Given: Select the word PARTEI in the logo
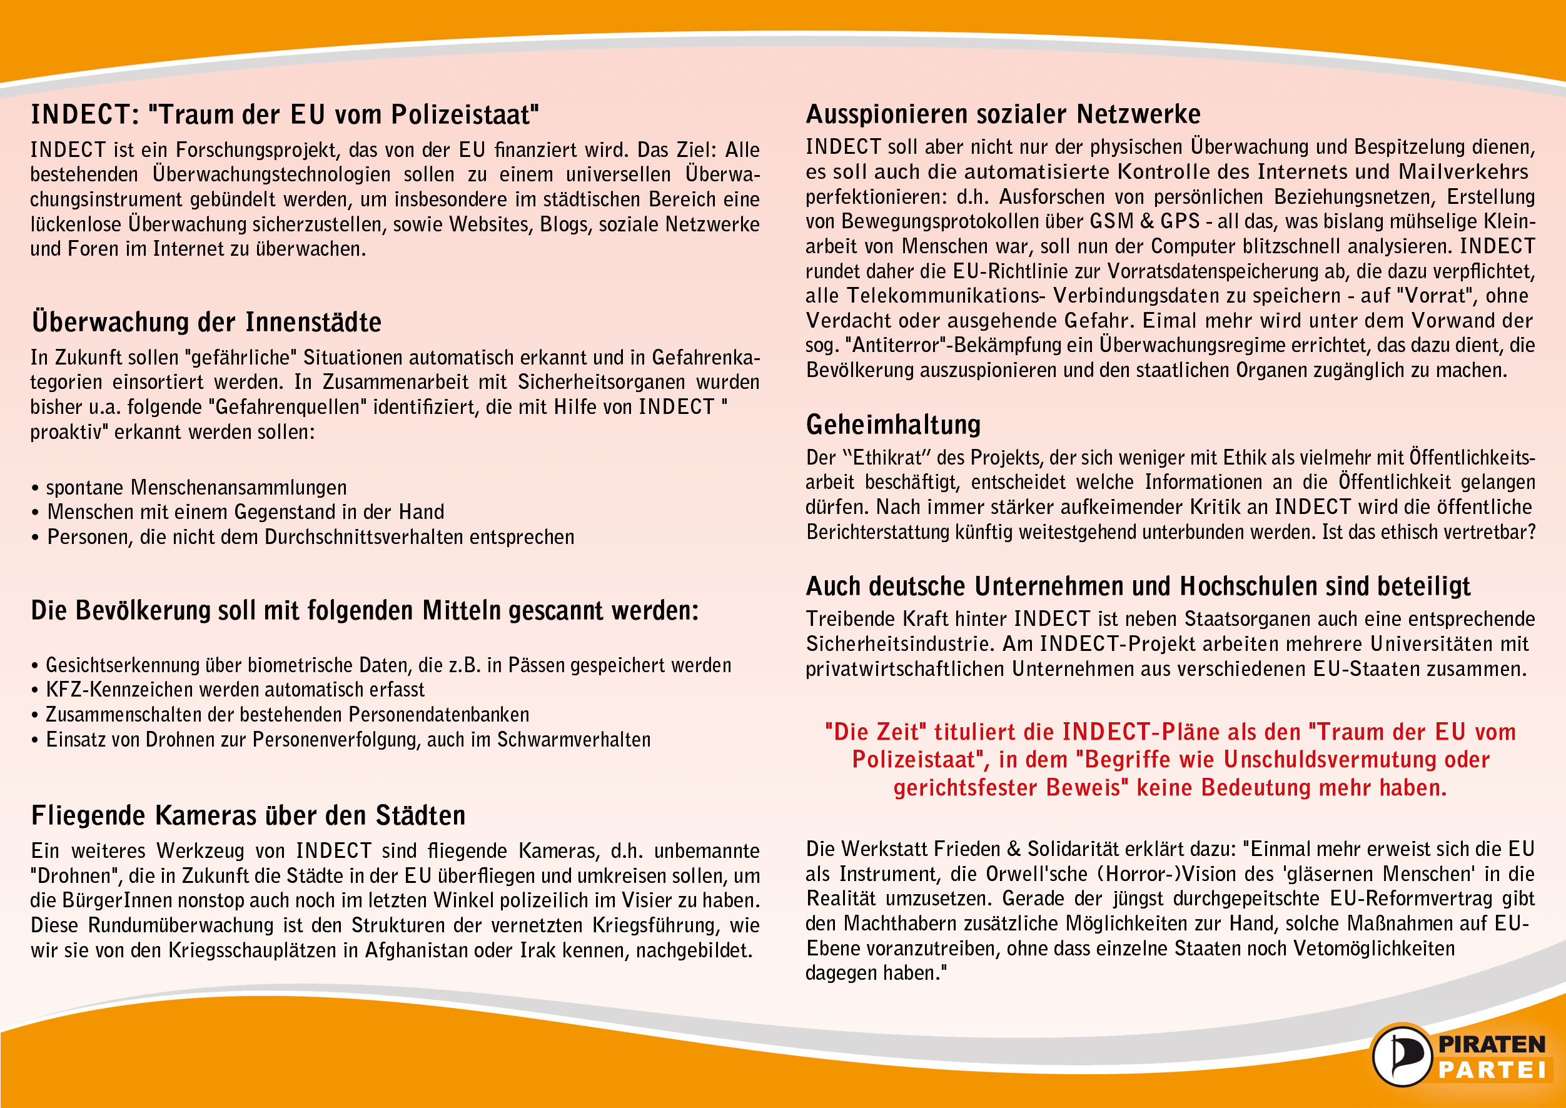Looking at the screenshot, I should coord(1492,1070).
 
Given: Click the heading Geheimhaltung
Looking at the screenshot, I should coord(892,425).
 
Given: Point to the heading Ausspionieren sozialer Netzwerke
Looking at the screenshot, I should coord(1003,114).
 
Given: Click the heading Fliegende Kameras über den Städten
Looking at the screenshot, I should coord(248,815).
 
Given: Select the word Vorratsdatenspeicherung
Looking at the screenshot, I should coord(1214,271).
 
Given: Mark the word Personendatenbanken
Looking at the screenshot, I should coord(439,714).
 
